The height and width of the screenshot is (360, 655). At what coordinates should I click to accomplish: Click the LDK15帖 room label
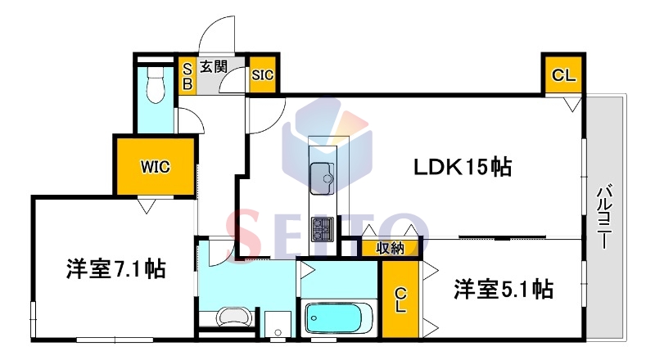(x=462, y=167)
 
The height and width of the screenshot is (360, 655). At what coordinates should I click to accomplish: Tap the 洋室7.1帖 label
(x=115, y=268)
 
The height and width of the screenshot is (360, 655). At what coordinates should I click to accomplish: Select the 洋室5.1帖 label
(x=504, y=289)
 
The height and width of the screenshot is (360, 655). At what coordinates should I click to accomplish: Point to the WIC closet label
(x=156, y=167)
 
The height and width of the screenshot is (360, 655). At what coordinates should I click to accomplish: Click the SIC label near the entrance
(x=262, y=75)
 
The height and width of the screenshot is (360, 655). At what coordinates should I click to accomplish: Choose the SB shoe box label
(x=187, y=76)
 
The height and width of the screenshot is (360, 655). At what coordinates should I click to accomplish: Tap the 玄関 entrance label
(x=214, y=66)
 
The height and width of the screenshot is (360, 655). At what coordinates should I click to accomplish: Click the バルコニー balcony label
(x=604, y=216)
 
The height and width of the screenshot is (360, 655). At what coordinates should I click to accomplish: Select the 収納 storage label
(x=390, y=248)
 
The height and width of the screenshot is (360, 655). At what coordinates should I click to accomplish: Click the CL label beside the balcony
(x=563, y=75)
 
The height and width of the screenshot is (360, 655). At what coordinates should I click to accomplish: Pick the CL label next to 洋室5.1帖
(x=400, y=299)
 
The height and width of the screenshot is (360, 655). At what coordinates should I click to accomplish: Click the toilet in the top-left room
(x=156, y=85)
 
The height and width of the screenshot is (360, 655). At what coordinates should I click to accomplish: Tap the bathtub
(x=339, y=318)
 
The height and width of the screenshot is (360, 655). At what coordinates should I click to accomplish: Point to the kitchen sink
(x=322, y=178)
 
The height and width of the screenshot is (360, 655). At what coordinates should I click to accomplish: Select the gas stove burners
(x=322, y=229)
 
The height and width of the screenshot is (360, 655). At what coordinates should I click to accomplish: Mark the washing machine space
(x=278, y=324)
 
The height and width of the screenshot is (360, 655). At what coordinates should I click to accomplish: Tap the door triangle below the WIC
(x=147, y=206)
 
